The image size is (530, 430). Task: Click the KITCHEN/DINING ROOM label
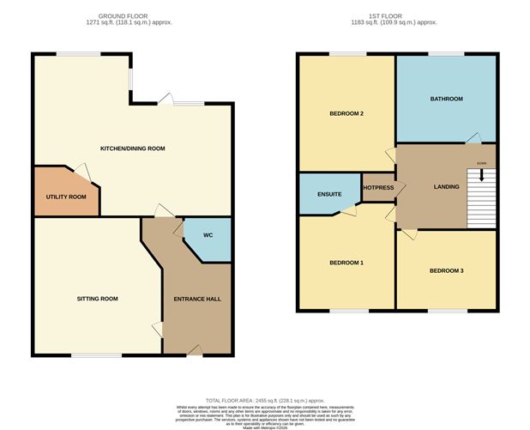click(132, 148)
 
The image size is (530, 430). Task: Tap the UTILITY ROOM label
click(66, 197)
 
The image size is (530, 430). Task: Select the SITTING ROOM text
click(97, 299)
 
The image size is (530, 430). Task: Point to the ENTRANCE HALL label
click(198, 299)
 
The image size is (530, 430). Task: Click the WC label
click(208, 235)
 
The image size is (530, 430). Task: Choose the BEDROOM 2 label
click(347, 113)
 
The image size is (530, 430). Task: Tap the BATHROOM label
click(445, 100)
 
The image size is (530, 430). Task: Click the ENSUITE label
click(329, 194)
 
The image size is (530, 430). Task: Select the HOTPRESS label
click(378, 187)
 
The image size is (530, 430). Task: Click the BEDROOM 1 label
click(347, 263)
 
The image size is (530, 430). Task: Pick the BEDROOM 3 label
click(446, 270)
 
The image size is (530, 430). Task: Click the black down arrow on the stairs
click(481, 175)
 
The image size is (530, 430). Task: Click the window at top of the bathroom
click(445, 54)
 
